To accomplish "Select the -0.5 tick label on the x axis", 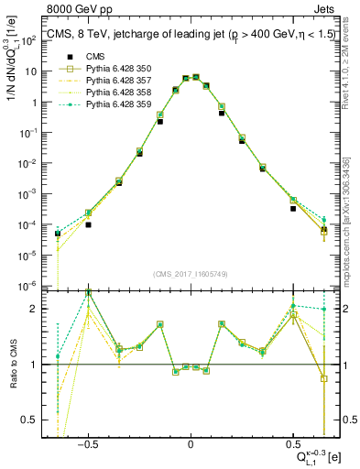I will pos(87,442).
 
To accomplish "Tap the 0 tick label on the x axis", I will pos(191,442).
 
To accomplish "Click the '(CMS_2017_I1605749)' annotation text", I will pos(191,275).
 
